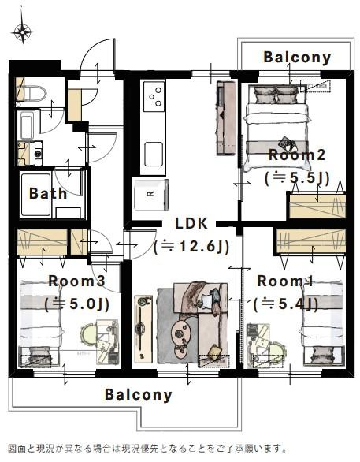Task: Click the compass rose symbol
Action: pyautogui.click(x=22, y=31)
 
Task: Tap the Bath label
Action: pyautogui.click(x=48, y=194)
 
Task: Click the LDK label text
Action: pyautogui.click(x=191, y=223)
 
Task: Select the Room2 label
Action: pyautogui.click(x=297, y=155)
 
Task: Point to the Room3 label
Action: pyautogui.click(x=76, y=281)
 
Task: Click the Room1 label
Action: pyautogui.click(x=285, y=281)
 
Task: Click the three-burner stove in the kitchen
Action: pyautogui.click(x=154, y=96)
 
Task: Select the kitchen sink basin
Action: pyautogui.click(x=154, y=154)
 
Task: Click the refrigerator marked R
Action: pyautogui.click(x=150, y=195)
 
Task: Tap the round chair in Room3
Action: pyautogui.click(x=88, y=333)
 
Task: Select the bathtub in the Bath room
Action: pyautogui.click(x=36, y=195)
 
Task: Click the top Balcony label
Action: pyautogui.click(x=297, y=58)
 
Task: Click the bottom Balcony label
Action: pyautogui.click(x=139, y=394)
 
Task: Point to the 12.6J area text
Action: pyautogui.click(x=191, y=247)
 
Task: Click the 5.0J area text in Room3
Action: pyautogui.click(x=76, y=304)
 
